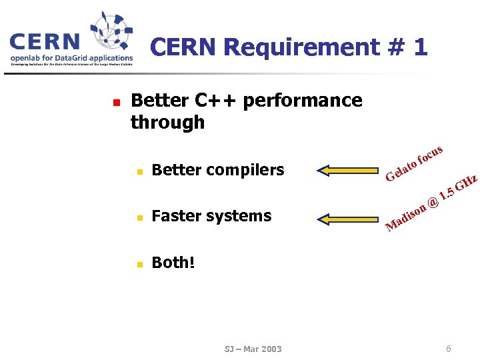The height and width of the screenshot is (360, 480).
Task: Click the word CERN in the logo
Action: tap(44, 42)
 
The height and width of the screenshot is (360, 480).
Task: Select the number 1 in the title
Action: tap(419, 47)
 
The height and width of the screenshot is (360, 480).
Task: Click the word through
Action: tap(167, 123)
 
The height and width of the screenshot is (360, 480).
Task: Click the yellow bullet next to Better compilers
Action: tap(139, 171)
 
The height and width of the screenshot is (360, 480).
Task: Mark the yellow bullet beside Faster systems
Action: tap(139, 217)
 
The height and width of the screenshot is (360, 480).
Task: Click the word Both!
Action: tap(173, 263)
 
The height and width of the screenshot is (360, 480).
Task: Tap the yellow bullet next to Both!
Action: tap(139, 264)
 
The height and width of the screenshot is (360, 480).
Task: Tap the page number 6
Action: tap(449, 349)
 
